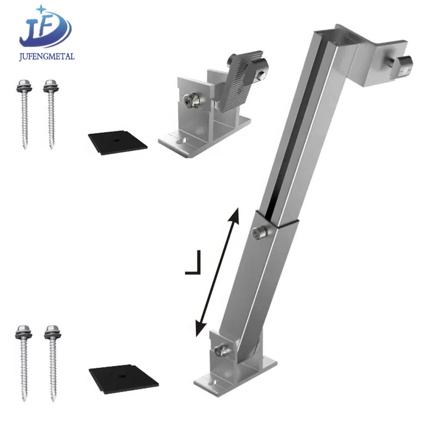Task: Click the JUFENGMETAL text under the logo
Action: [x=47, y=56]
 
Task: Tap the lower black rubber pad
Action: [x=122, y=376]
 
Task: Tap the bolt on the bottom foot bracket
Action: [x=219, y=349]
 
